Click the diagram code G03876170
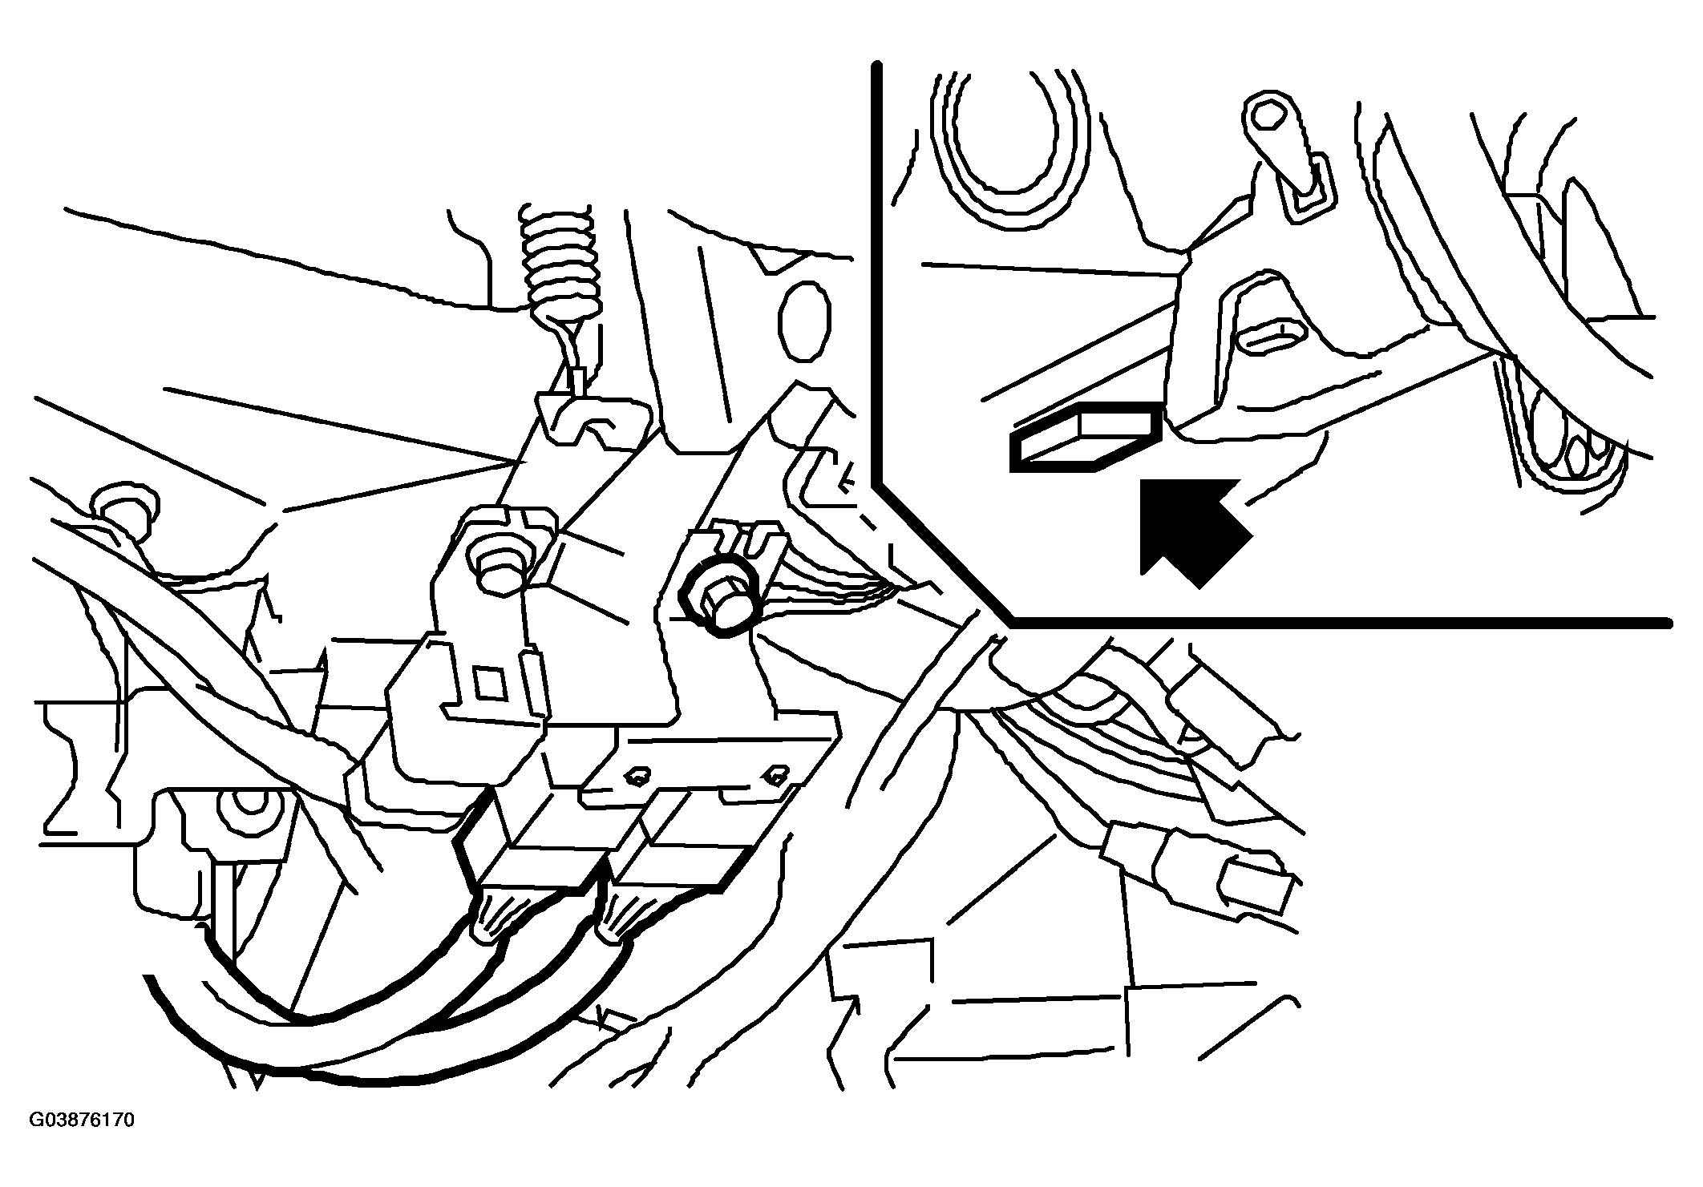click(x=82, y=1120)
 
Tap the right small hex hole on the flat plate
click(x=774, y=774)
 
